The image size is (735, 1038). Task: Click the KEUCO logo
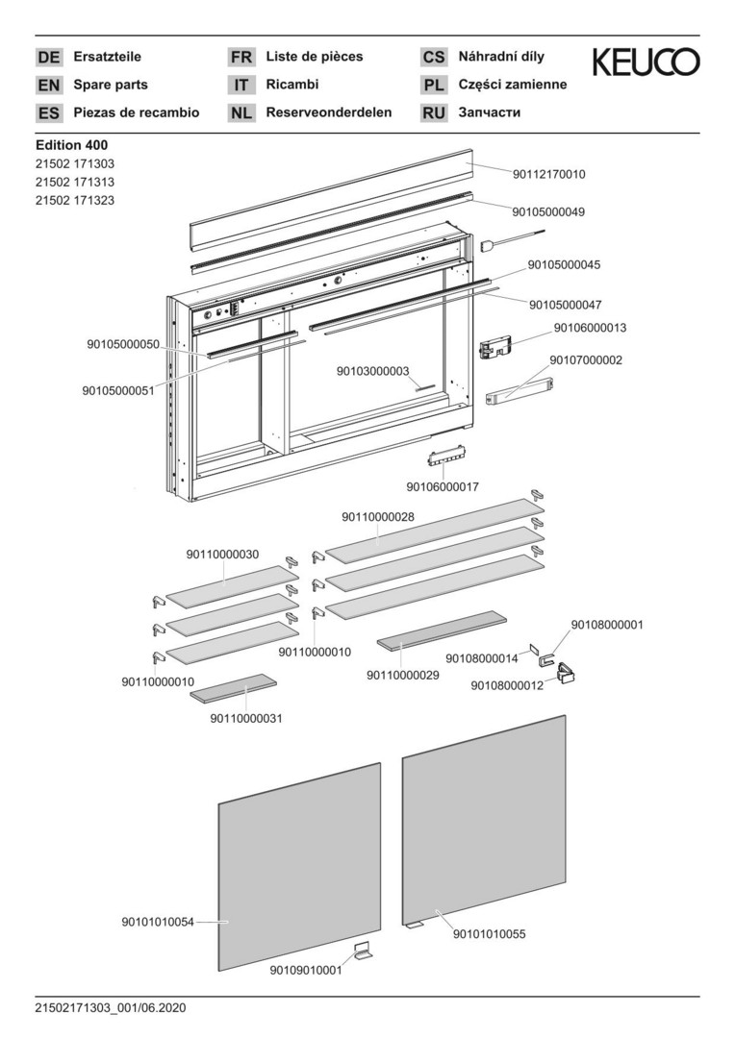point(646,63)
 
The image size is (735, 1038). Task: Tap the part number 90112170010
point(549,175)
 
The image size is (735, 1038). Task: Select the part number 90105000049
point(548,211)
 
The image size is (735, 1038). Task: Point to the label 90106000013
point(590,328)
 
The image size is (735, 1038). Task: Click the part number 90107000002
point(586,360)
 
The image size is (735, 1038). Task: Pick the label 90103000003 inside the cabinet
point(373,371)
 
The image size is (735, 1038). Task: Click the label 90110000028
point(378,517)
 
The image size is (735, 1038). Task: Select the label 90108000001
point(607,625)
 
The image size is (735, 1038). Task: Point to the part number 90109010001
point(305,971)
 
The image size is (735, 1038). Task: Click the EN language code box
point(48,85)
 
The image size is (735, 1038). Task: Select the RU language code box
point(434,112)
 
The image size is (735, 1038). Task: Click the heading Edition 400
point(71,145)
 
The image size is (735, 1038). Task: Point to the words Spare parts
point(111,85)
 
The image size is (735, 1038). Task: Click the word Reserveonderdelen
point(329,112)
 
